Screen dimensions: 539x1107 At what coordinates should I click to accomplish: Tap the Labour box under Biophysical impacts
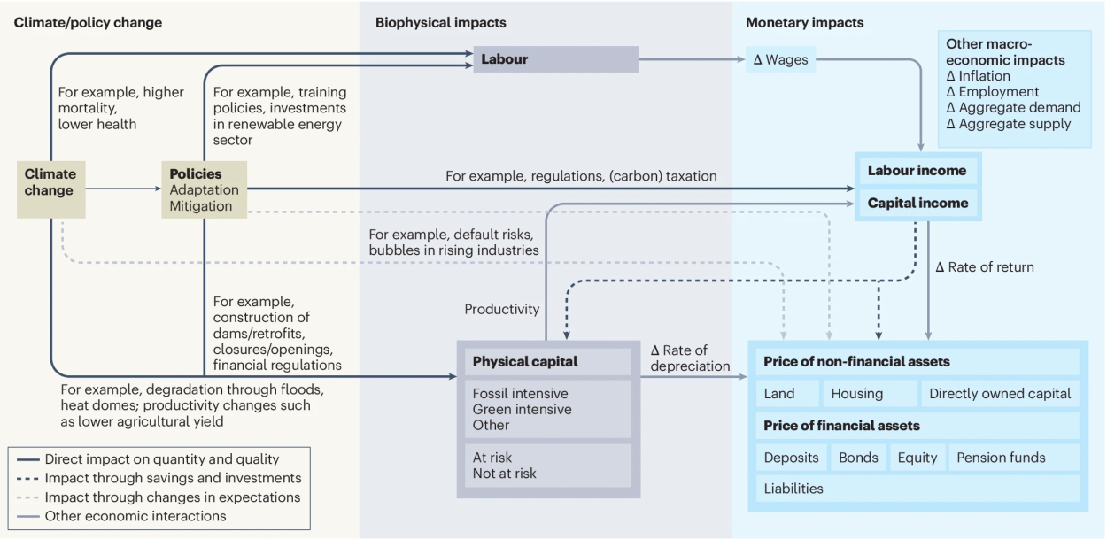point(555,59)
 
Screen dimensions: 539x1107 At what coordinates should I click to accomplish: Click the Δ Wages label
point(780,60)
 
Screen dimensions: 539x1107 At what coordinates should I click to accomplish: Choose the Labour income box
point(917,171)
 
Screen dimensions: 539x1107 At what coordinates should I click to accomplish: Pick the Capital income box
point(917,203)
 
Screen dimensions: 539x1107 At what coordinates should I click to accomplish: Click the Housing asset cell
point(869,394)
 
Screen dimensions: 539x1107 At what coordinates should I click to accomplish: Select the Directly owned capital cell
point(999,394)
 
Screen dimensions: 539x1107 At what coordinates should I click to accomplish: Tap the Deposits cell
point(793,458)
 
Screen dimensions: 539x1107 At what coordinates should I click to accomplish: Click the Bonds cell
point(858,458)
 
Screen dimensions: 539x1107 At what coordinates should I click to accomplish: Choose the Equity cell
point(917,458)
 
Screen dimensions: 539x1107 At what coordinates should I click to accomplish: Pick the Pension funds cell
point(1013,458)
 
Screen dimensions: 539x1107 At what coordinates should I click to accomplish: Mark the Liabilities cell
point(917,489)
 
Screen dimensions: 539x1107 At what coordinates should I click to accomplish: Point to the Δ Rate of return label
point(984,267)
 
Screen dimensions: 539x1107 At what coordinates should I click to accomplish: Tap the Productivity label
point(501,310)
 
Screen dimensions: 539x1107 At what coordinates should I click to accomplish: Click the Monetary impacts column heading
point(804,22)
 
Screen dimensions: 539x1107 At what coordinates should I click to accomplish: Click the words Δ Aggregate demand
point(1013,108)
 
